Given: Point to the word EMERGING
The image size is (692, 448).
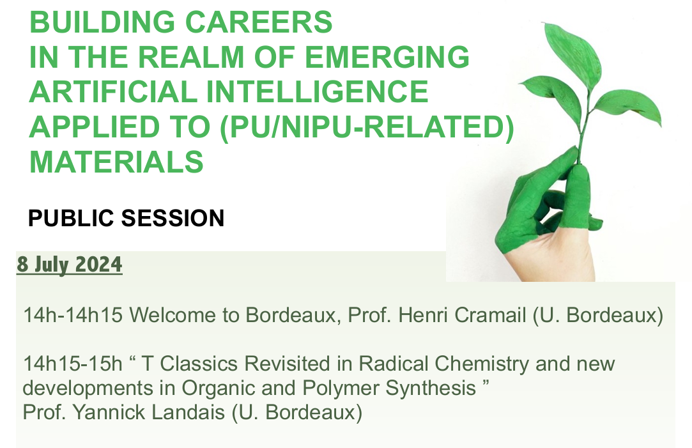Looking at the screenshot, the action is click(387, 57).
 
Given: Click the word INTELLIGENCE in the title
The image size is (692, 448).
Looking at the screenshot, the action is click(318, 92).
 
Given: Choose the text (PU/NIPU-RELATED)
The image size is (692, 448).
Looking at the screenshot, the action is click(367, 128).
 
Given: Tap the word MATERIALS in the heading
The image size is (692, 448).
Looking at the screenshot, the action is click(116, 162).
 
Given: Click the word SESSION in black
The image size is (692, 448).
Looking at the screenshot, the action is click(173, 218).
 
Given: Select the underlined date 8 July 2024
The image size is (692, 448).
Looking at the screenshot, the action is click(69, 265).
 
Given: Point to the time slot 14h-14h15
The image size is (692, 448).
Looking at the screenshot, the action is click(73, 315).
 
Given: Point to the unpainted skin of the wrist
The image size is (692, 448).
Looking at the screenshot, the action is click(551, 260).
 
